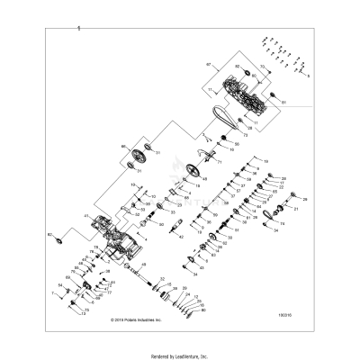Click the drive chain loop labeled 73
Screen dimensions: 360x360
pyautogui.click(x=223, y=116)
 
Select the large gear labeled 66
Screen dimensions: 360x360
pyautogui.click(x=139, y=156)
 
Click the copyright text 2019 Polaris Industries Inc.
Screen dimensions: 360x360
pyautogui.click(x=136, y=319)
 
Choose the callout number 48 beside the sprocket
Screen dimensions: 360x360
pyautogui.click(x=205, y=180)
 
